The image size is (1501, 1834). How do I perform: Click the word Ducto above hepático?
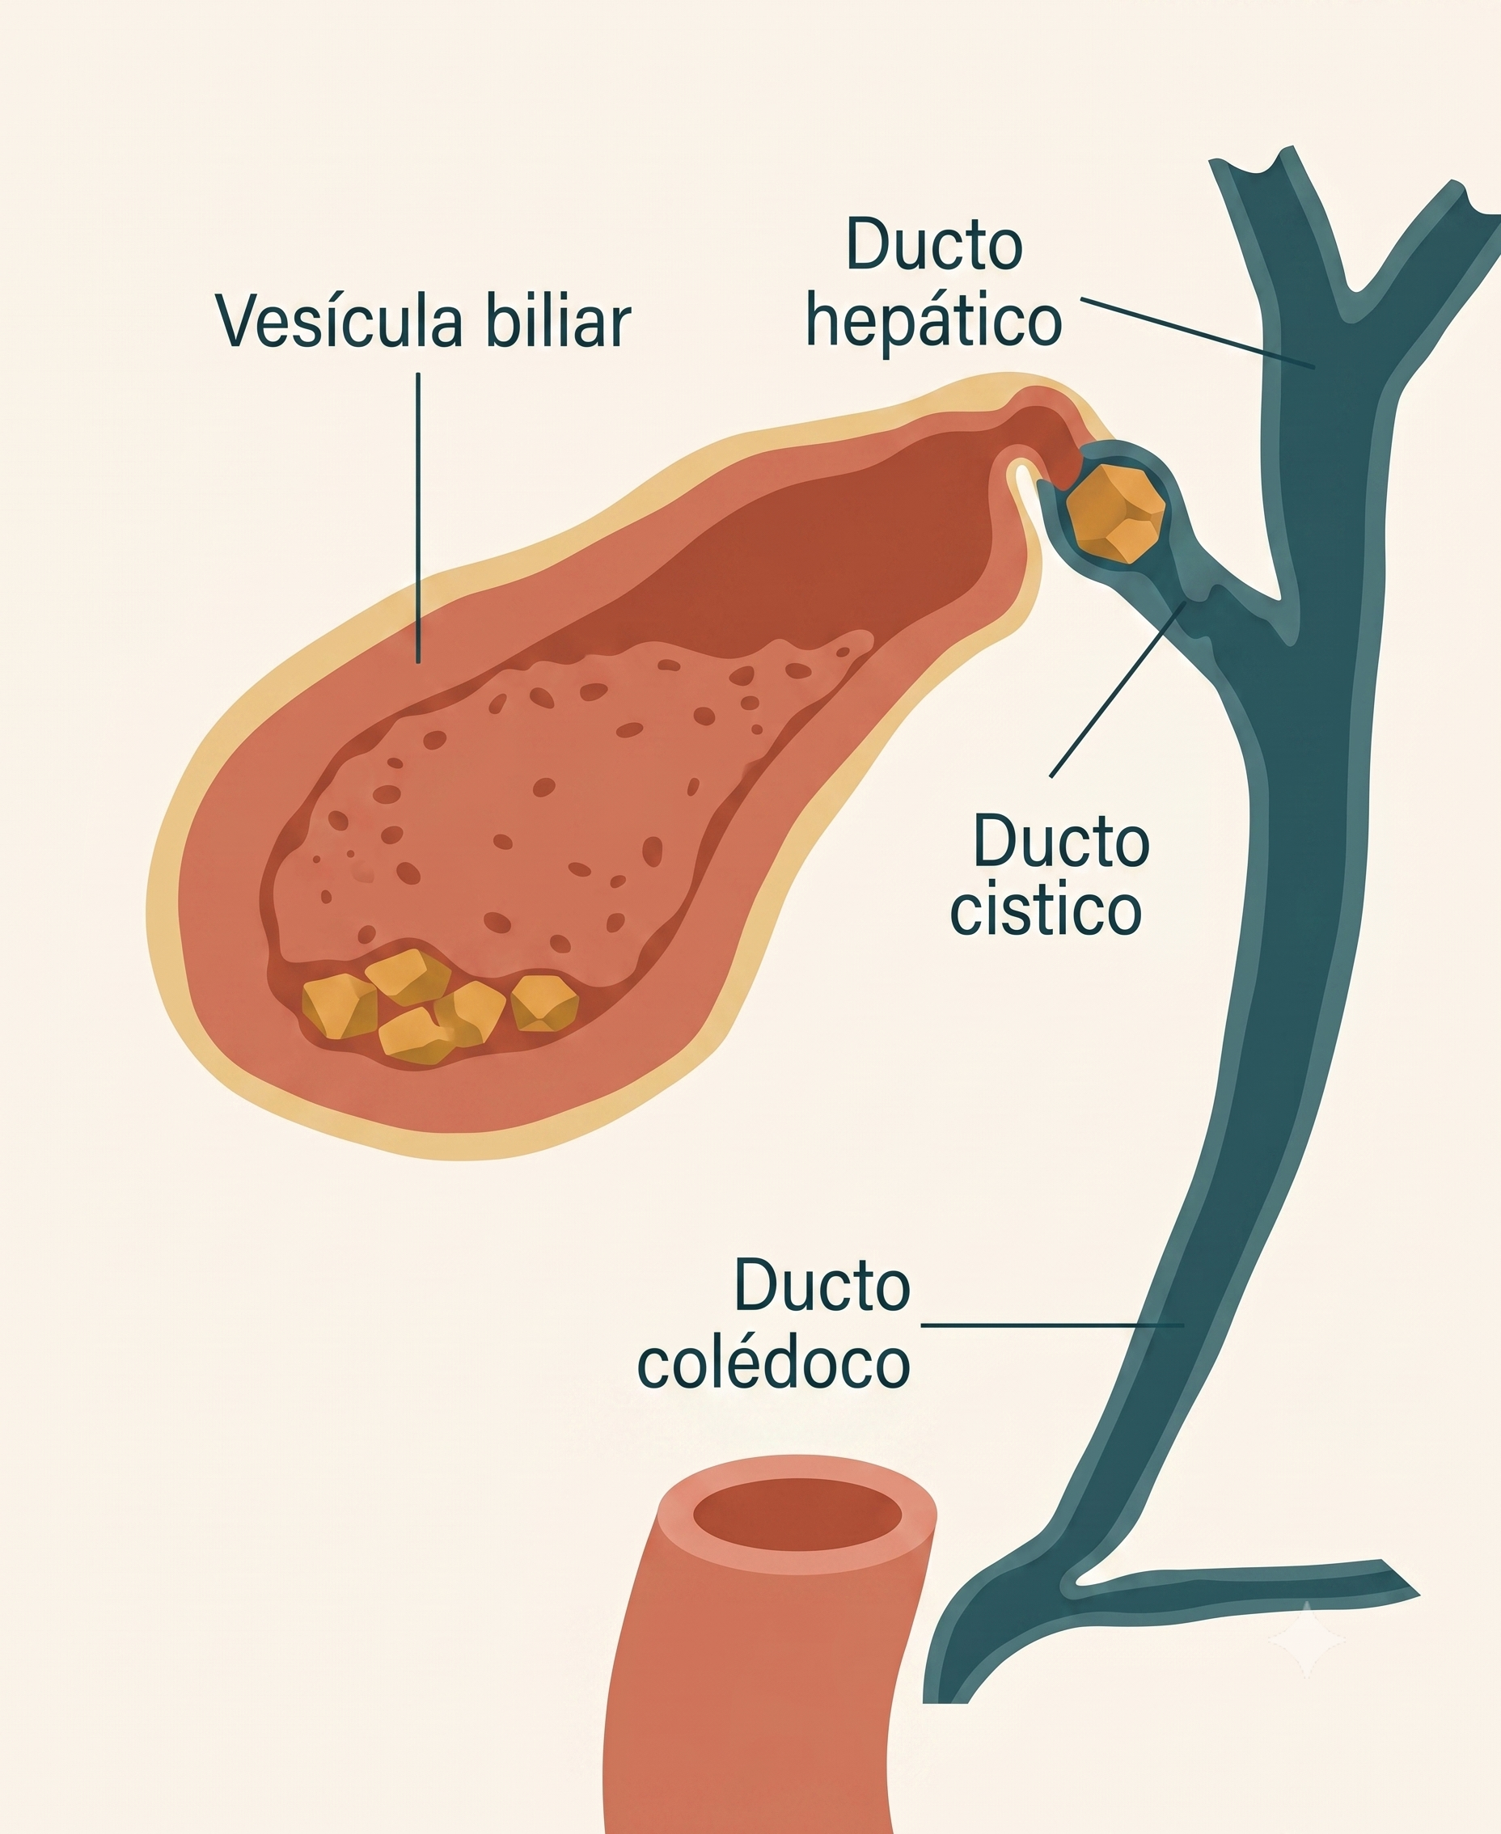coord(935,245)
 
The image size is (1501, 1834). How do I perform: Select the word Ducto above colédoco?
coord(822,1286)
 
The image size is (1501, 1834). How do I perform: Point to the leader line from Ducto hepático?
coord(1199,334)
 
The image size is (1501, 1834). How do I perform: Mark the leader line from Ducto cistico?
coord(1118,689)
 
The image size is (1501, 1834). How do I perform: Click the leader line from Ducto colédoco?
coord(1052,1324)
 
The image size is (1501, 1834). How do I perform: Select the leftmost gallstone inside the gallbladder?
coord(339,1007)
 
